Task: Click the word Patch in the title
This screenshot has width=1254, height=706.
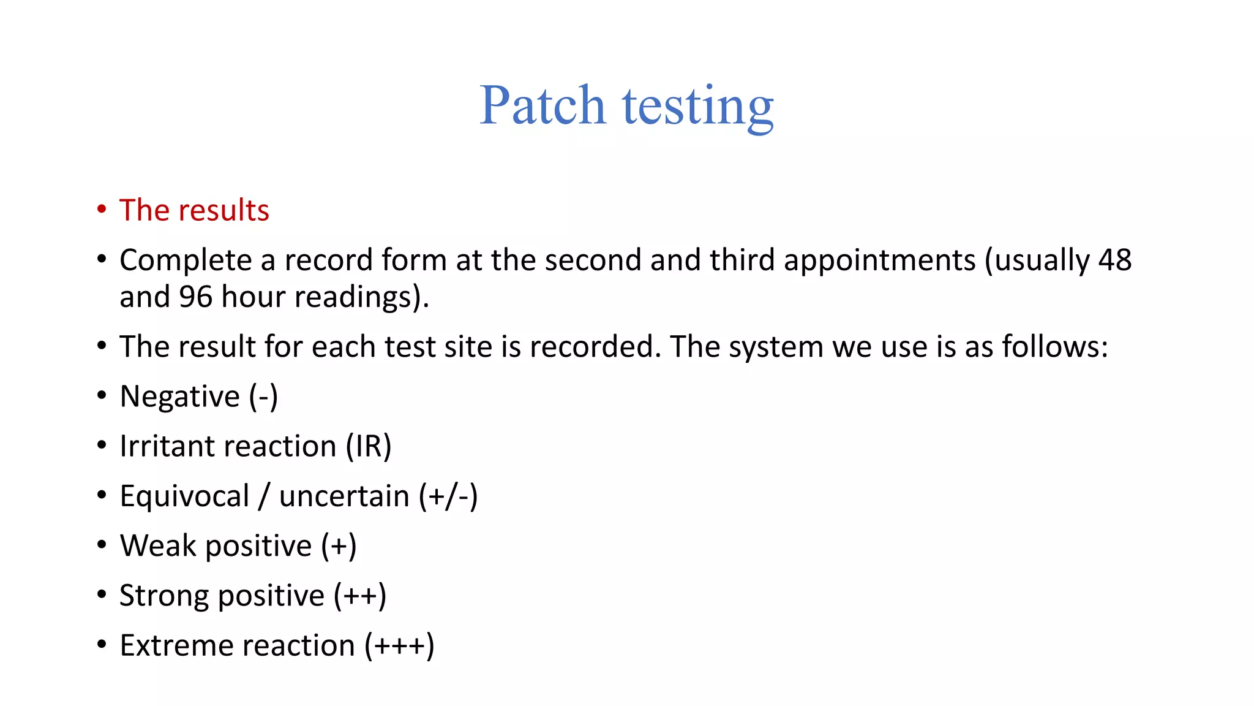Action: tap(542, 105)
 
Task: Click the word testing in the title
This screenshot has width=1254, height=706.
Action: tap(698, 107)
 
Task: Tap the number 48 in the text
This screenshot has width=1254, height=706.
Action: tap(1114, 260)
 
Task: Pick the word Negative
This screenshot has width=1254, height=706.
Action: tap(179, 397)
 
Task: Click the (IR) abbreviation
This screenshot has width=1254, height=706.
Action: tap(369, 446)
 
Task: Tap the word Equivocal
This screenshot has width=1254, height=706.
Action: tap(184, 496)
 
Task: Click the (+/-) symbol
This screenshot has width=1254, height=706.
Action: tap(448, 496)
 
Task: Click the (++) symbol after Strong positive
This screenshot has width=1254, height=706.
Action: tap(360, 596)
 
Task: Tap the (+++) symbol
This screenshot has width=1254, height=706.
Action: tap(399, 645)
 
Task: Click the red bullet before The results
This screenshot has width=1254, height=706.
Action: tap(102, 210)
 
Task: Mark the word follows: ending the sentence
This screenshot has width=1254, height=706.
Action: tap(1054, 347)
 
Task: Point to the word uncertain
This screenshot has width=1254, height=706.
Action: tap(344, 496)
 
